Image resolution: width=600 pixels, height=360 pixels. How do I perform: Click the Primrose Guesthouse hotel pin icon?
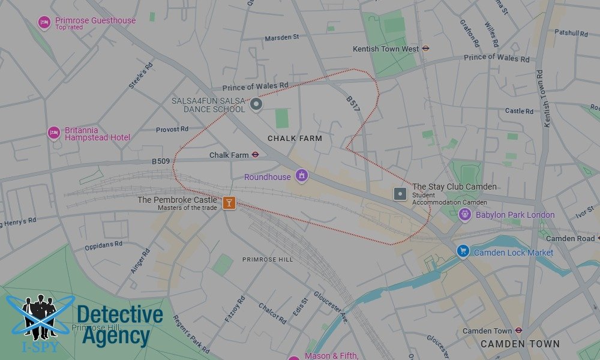[x=44, y=23]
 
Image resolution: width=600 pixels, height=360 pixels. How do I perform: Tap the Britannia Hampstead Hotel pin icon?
[x=54, y=133]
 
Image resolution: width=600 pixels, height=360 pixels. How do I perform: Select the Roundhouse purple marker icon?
[x=302, y=176]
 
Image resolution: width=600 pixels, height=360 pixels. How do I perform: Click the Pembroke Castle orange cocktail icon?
[x=229, y=203]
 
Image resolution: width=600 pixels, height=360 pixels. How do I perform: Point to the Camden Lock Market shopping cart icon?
[x=463, y=251]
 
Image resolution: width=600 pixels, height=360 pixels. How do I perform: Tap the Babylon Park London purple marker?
[x=464, y=214]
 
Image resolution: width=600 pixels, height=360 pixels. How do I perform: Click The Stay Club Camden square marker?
[x=400, y=194]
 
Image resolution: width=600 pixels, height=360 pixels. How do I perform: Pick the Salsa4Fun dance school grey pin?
[x=256, y=105]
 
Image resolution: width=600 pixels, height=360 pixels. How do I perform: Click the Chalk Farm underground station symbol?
[x=255, y=155]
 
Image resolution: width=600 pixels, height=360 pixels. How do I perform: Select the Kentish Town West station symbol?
[x=425, y=49]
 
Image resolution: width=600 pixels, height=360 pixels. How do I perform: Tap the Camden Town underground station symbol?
[x=518, y=331]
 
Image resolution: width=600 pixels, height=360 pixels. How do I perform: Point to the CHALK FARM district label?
[x=295, y=139]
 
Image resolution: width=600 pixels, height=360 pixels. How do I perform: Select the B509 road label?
[x=161, y=161]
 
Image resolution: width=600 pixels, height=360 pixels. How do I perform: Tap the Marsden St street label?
[x=281, y=38]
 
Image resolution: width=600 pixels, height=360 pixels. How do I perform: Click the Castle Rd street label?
[x=519, y=111]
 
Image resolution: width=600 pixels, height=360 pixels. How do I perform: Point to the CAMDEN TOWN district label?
[x=520, y=344]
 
